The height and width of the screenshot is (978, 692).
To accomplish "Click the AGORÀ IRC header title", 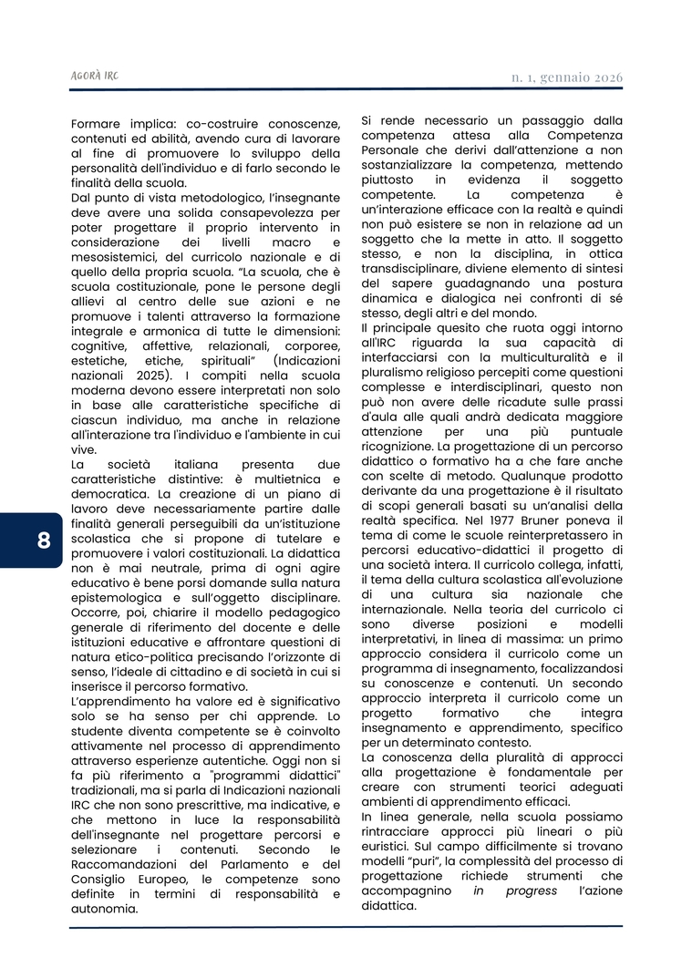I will click(x=96, y=77).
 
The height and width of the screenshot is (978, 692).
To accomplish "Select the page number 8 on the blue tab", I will click(x=44, y=540).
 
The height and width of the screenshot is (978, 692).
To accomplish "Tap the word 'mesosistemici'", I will click(x=117, y=256).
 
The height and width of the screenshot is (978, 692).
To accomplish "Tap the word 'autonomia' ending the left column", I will click(x=105, y=908).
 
